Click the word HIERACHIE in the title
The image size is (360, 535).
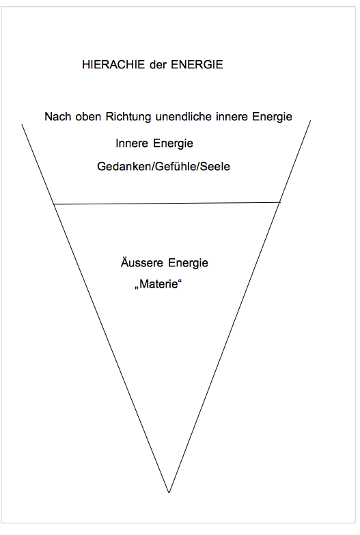(113, 64)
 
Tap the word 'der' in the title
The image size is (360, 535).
(158, 64)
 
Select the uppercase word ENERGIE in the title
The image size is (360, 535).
(197, 64)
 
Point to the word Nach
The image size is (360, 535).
(57, 117)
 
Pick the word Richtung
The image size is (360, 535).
(128, 118)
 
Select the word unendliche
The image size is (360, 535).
(184, 117)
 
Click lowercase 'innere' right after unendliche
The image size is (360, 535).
(232, 117)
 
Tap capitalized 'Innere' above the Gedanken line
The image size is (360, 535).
(131, 143)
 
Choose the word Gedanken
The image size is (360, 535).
(124, 167)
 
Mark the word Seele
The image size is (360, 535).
(215, 167)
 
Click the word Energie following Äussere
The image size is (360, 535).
(188, 264)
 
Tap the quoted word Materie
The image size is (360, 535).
(158, 284)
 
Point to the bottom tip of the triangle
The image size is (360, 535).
(169, 493)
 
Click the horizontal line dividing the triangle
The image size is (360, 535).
(167, 204)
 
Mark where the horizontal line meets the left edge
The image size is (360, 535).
(54, 204)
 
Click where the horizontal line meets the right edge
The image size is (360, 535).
(280, 202)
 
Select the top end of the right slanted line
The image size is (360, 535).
(311, 120)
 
